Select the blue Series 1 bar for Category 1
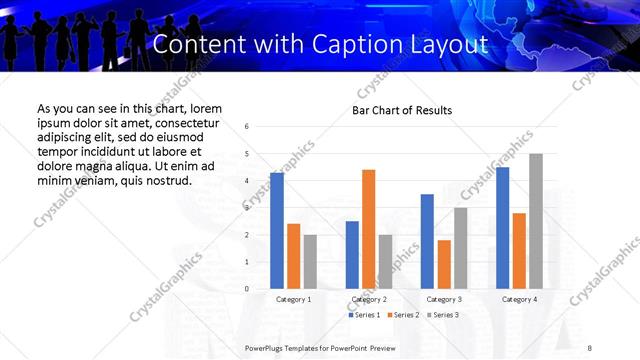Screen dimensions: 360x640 (x=277, y=231)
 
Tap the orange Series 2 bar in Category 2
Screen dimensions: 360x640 (x=368, y=229)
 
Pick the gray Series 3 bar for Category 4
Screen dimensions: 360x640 (x=536, y=221)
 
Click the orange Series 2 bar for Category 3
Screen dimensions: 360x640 (x=444, y=264)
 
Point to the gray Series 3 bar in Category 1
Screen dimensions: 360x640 (x=310, y=262)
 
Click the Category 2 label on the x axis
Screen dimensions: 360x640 (x=370, y=299)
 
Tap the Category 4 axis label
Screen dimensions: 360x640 (x=519, y=299)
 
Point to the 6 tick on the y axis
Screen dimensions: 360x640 (x=247, y=127)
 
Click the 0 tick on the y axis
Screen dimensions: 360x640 (x=247, y=289)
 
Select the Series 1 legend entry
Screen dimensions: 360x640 (x=365, y=315)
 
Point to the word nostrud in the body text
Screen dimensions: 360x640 (x=166, y=180)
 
